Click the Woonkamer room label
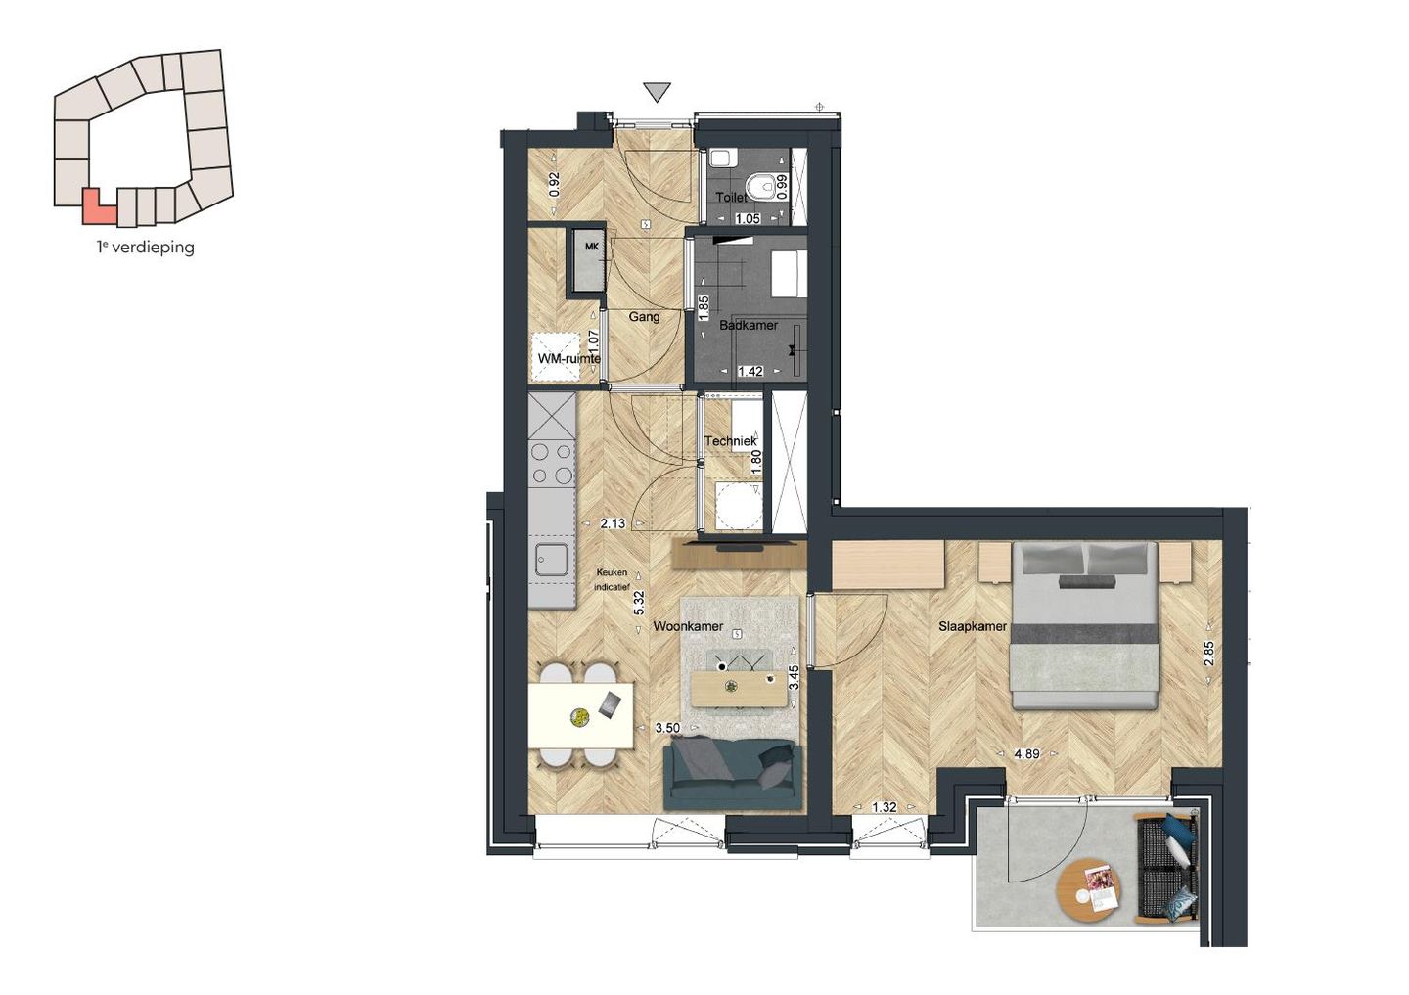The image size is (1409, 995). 688,626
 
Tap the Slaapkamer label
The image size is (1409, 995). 972,626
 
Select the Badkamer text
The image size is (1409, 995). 749,325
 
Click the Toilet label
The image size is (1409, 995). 731,197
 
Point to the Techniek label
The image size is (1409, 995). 730,441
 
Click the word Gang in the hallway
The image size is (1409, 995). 644,316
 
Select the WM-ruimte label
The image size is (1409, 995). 568,358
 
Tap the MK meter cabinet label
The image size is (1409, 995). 591,247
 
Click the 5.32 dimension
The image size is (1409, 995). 639,602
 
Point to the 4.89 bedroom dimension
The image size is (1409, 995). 1026,754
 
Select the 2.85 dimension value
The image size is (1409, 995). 1208,654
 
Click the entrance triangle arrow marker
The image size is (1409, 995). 658,92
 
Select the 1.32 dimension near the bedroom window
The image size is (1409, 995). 884,807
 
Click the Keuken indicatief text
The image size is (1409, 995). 613,580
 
